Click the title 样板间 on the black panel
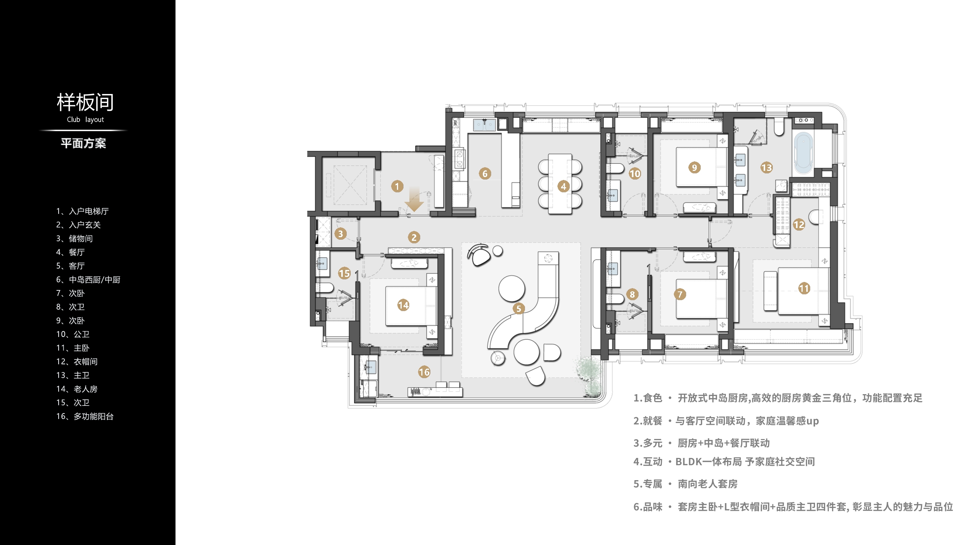point(85,102)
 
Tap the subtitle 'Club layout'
point(85,119)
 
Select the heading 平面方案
point(83,144)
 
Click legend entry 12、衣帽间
point(77,362)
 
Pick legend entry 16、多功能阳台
point(85,416)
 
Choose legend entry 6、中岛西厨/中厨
point(88,280)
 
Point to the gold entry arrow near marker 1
point(414,199)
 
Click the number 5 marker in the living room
point(519,309)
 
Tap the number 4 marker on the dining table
point(563,186)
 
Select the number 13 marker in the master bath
point(766,168)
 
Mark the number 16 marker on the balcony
point(424,372)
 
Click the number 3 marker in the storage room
point(340,234)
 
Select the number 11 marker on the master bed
point(804,289)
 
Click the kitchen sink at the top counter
point(484,125)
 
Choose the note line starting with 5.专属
point(685,484)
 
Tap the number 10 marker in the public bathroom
point(635,174)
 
